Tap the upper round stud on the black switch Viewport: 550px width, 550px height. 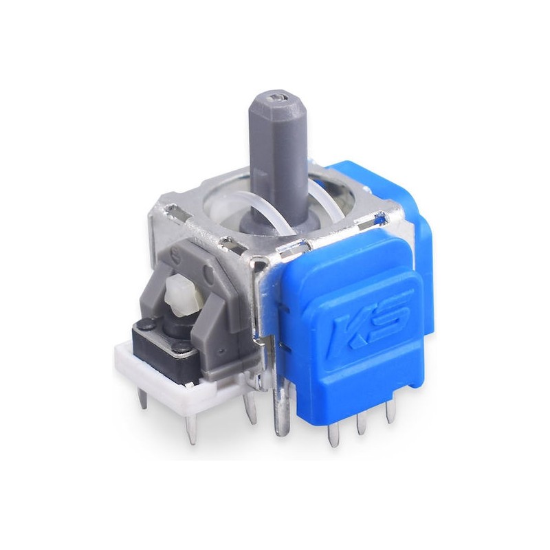click(145, 324)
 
